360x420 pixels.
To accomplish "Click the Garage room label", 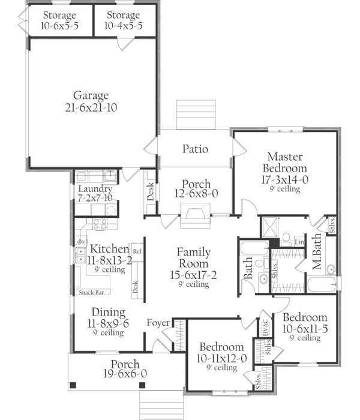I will tap(91, 95).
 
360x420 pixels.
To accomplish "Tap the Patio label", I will tap(196, 149).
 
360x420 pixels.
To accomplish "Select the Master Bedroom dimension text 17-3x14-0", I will tap(284, 179).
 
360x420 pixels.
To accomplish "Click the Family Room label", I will tap(193, 258).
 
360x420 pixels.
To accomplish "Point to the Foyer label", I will tap(159, 324).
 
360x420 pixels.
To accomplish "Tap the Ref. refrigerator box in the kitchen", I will tap(137, 250).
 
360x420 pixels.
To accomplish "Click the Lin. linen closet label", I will tap(300, 242).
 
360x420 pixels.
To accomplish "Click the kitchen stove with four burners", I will tap(99, 226).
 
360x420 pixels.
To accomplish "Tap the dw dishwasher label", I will tap(80, 242).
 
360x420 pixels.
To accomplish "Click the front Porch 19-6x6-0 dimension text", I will tap(125, 374).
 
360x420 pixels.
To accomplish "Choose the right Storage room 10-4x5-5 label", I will tap(124, 26).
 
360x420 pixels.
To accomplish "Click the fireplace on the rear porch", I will tap(196, 214).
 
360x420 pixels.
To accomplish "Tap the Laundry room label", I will tap(95, 190).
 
